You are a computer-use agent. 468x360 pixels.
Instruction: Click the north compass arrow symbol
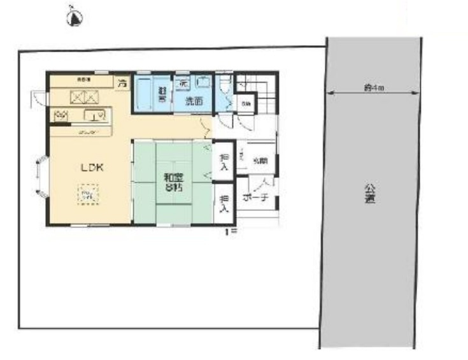tap(74, 18)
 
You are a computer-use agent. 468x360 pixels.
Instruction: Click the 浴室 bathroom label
tap(162, 95)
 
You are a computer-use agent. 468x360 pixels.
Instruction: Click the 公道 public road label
tap(369, 194)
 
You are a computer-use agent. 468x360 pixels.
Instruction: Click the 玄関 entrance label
tap(260, 161)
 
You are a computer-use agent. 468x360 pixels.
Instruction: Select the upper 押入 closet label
tap(223, 162)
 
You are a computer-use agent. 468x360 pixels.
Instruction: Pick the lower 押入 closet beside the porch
tap(223, 203)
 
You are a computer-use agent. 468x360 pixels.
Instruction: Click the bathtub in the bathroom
tap(145, 94)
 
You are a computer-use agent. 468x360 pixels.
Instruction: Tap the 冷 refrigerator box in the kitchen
tap(121, 82)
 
